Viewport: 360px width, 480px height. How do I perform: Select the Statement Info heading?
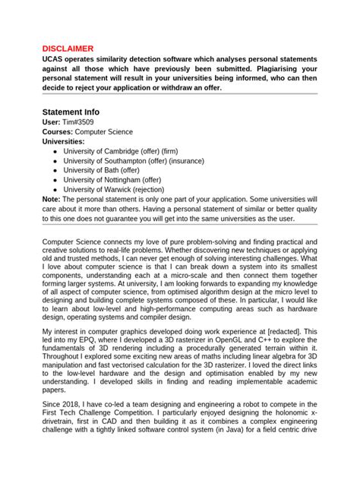[75, 111]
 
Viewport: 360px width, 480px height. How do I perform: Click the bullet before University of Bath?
[55, 171]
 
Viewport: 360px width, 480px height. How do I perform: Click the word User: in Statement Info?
[51, 122]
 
